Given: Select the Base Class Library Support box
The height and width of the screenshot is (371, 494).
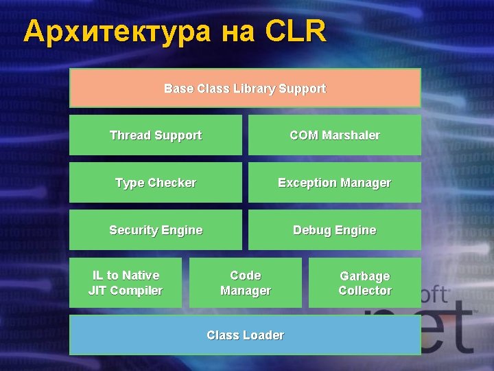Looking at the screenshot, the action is (245, 88).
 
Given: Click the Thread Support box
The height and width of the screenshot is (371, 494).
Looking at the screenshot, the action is (156, 135).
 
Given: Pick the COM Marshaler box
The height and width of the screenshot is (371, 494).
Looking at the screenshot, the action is (334, 135).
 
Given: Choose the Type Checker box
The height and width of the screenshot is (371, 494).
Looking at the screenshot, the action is (156, 182).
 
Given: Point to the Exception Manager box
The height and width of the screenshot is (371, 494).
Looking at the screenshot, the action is (334, 182).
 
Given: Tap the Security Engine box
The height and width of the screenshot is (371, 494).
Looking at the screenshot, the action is (156, 229).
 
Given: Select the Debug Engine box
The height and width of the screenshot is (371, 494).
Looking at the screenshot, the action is (334, 229).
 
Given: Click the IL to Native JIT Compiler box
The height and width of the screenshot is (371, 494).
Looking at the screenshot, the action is (126, 282).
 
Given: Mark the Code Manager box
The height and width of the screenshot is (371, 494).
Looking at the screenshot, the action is (245, 282).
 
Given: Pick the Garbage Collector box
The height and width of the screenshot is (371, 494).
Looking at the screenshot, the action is (364, 282).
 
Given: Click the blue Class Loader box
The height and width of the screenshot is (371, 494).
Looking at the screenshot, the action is (245, 335).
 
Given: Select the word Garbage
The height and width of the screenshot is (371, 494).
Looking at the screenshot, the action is (364, 276).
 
